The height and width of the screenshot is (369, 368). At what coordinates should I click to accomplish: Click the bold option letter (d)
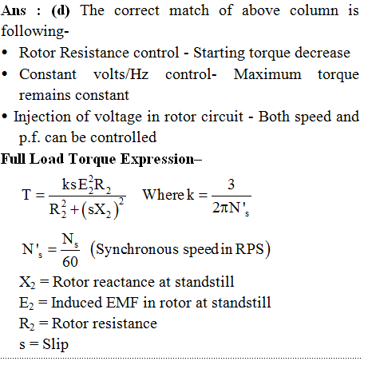click(x=61, y=11)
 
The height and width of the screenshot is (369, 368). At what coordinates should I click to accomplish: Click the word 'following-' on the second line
click(x=35, y=32)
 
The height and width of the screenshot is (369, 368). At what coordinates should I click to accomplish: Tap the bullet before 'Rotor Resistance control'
click(x=5, y=53)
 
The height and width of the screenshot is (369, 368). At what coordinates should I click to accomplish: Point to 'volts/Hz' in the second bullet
click(x=121, y=74)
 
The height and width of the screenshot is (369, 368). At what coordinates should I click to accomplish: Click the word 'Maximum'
click(x=267, y=74)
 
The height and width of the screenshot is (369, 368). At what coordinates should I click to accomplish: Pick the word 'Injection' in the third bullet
click(x=42, y=117)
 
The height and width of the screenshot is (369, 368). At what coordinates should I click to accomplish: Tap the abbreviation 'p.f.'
click(x=30, y=138)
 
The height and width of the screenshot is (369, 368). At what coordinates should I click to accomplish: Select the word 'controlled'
click(x=123, y=137)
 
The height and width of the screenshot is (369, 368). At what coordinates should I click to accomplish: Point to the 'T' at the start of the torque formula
click(x=26, y=194)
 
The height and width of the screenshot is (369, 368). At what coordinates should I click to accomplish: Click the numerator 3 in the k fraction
click(x=231, y=184)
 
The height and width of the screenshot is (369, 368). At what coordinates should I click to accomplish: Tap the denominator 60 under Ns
click(x=70, y=262)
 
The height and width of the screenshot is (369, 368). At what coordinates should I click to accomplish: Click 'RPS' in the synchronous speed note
click(x=249, y=249)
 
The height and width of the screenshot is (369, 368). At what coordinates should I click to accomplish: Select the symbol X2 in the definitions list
click(x=27, y=282)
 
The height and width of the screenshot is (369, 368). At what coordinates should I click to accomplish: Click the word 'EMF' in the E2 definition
click(x=122, y=303)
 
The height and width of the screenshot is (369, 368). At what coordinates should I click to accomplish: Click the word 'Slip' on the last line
click(x=55, y=344)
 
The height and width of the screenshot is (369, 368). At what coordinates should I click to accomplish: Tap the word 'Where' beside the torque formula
click(x=164, y=194)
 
